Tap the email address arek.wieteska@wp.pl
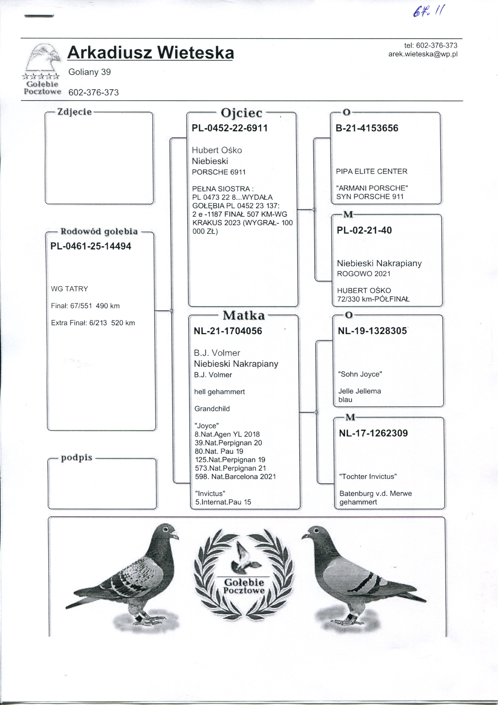423,54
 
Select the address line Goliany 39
89,72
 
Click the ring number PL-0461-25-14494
91,246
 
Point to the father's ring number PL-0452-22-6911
229,128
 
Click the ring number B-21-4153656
367,128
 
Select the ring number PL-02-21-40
364,230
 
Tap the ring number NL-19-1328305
372,331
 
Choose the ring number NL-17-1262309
373,433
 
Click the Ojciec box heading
241,113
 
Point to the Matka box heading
244,316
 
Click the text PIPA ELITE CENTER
372,171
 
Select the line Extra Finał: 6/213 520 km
93,323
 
